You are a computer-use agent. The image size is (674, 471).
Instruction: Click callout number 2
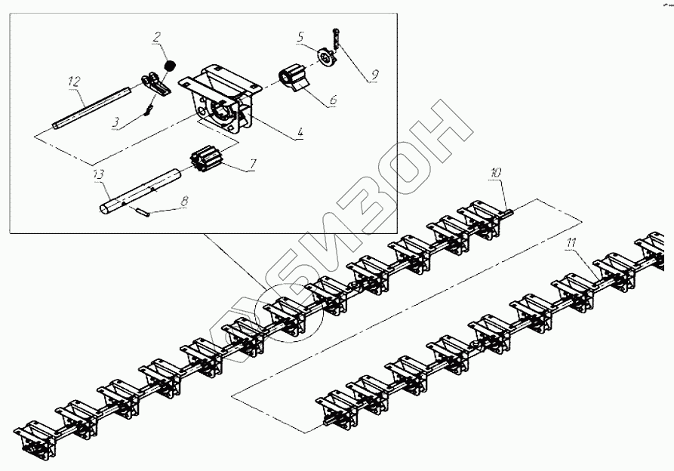156,37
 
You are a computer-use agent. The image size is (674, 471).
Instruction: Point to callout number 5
300,36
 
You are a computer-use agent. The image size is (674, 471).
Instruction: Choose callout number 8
184,201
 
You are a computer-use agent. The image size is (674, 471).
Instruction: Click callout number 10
494,173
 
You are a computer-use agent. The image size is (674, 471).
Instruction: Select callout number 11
571,243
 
